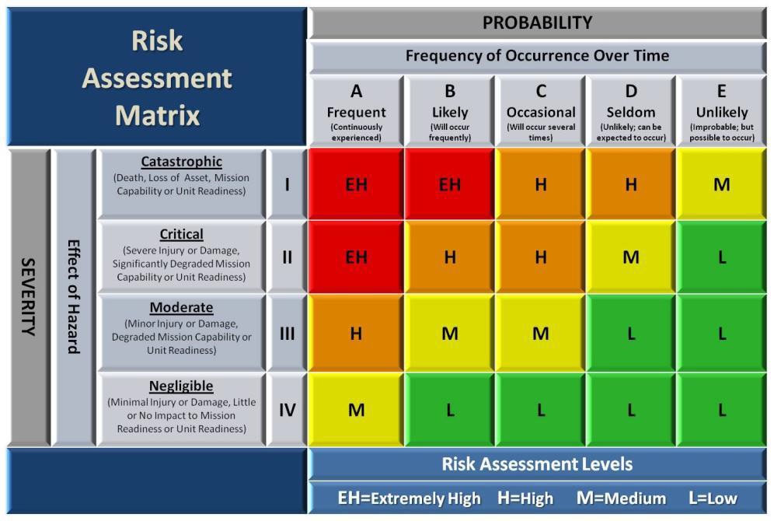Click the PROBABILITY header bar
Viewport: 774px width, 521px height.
(x=537, y=23)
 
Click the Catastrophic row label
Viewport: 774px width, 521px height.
(x=181, y=184)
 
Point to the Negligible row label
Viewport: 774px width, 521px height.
(x=181, y=409)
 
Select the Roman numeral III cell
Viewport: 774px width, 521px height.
(x=287, y=334)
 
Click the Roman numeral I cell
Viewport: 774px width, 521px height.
(x=287, y=184)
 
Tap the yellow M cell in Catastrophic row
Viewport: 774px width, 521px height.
(x=721, y=184)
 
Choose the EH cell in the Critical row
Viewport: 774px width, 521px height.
(x=356, y=257)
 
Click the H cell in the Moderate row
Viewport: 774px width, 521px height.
(x=356, y=334)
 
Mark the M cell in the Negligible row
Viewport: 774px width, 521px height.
(x=356, y=409)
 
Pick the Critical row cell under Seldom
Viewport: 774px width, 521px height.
(x=631, y=257)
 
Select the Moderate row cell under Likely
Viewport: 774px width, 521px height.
(x=450, y=334)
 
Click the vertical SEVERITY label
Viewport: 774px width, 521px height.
(x=29, y=297)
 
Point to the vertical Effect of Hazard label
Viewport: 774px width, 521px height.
(x=74, y=297)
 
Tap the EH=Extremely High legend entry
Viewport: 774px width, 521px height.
(x=409, y=498)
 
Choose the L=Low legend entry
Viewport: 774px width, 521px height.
(x=713, y=498)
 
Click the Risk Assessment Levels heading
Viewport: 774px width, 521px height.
(x=537, y=463)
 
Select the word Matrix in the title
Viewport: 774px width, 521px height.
(x=158, y=115)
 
